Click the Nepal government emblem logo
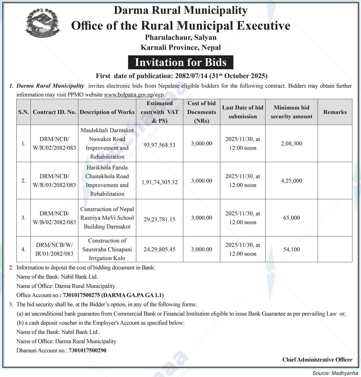point(42,23)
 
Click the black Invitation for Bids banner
point(181,62)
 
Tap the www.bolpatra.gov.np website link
point(128,95)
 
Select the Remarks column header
point(335,112)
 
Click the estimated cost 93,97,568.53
point(160,145)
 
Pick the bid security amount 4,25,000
point(291,181)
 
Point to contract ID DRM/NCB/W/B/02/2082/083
point(54,218)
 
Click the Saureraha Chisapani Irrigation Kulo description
point(107,249)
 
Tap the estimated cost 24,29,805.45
point(160,249)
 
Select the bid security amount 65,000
point(291,218)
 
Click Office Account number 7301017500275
point(81,295)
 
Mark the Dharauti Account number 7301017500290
point(87,350)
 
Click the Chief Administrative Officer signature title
point(317,360)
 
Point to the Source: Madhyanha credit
point(335,373)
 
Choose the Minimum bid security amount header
point(291,112)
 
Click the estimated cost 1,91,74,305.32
point(160,182)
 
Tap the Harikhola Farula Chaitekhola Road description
point(107,181)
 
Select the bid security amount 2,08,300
point(291,143)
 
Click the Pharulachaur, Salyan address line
point(181,38)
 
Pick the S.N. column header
point(24,112)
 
